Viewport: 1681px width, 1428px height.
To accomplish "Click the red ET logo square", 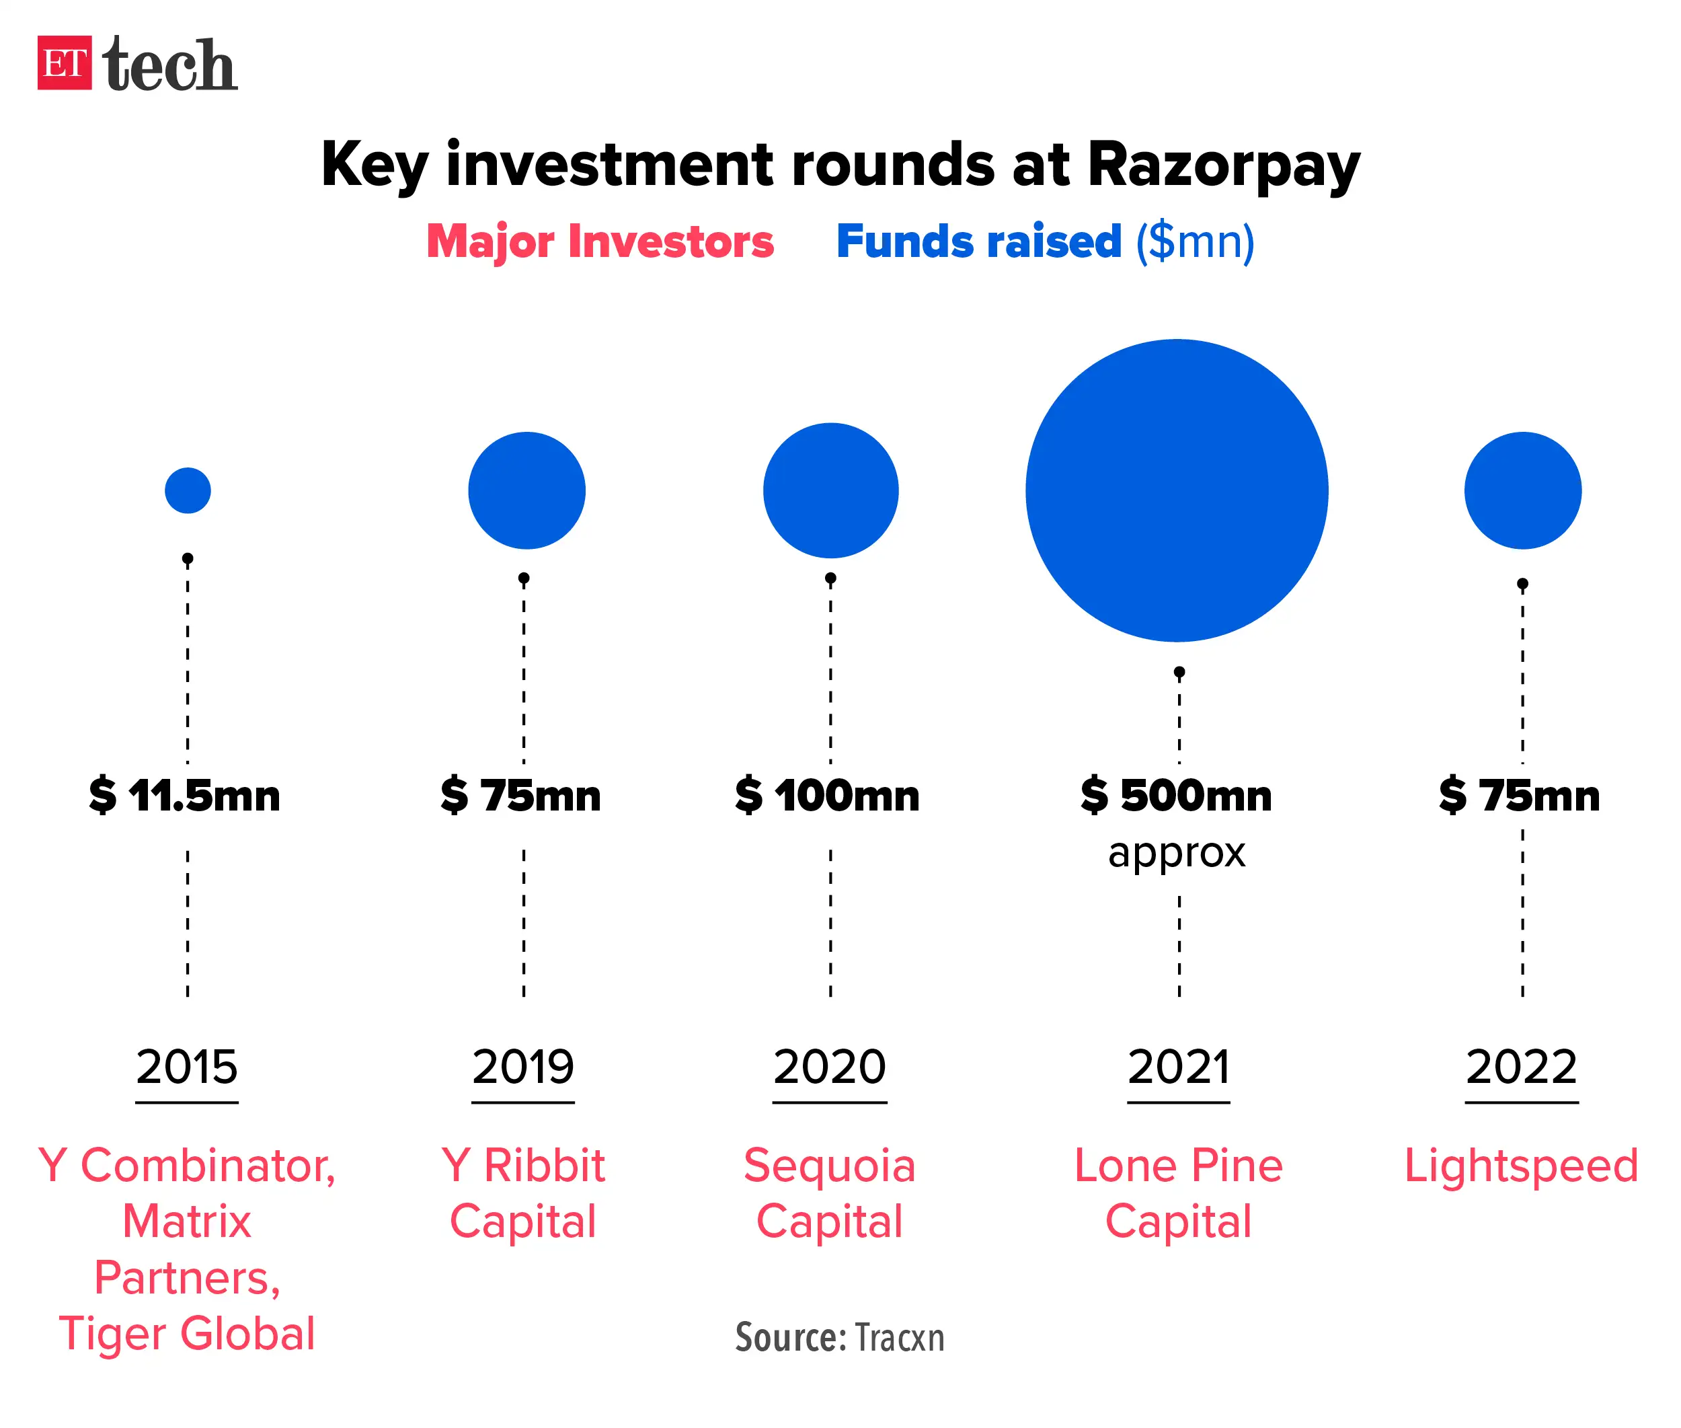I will [64, 63].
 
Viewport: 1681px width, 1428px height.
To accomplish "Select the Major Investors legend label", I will [600, 241].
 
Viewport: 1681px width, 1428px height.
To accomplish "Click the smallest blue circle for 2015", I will [188, 490].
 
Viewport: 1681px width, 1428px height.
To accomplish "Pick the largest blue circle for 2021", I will [1176, 490].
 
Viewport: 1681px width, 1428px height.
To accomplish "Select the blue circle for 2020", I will [830, 490].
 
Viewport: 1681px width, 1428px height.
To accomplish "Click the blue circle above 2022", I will [1522, 490].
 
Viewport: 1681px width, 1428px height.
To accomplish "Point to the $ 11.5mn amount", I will [184, 795].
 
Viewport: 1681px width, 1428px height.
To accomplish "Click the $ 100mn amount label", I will [827, 795].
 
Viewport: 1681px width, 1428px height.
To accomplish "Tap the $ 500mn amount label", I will [1176, 795].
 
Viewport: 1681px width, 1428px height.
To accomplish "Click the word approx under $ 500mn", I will [1176, 852].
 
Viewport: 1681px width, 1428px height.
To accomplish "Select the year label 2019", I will [523, 1066].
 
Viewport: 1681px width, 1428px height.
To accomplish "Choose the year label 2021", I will [1179, 1066].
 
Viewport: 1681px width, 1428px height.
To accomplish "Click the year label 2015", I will [187, 1066].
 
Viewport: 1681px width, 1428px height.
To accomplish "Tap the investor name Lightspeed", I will [1521, 1166].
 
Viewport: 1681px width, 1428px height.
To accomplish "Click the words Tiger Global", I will [187, 1333].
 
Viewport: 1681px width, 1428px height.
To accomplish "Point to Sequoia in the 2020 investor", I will [830, 1166].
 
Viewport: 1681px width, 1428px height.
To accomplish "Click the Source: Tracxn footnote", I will [839, 1337].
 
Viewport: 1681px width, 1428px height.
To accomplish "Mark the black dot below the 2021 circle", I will [1179, 672].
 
